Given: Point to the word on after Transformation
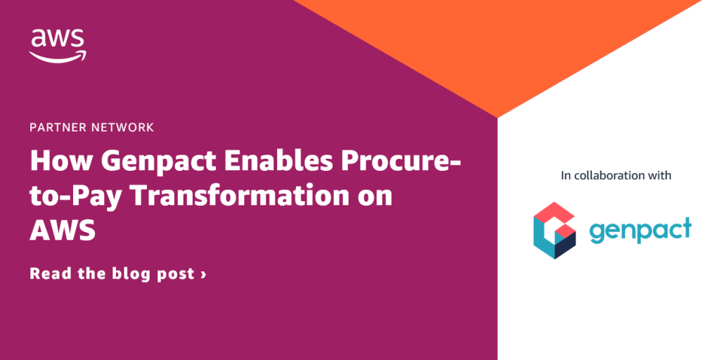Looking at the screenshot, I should click(x=373, y=198).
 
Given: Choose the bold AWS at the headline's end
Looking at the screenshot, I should click(x=62, y=231).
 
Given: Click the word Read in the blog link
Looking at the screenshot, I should click(x=50, y=274).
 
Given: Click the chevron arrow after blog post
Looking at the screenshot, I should click(x=203, y=274).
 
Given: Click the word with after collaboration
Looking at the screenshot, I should click(x=660, y=175).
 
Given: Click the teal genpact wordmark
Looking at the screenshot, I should click(x=640, y=231).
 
